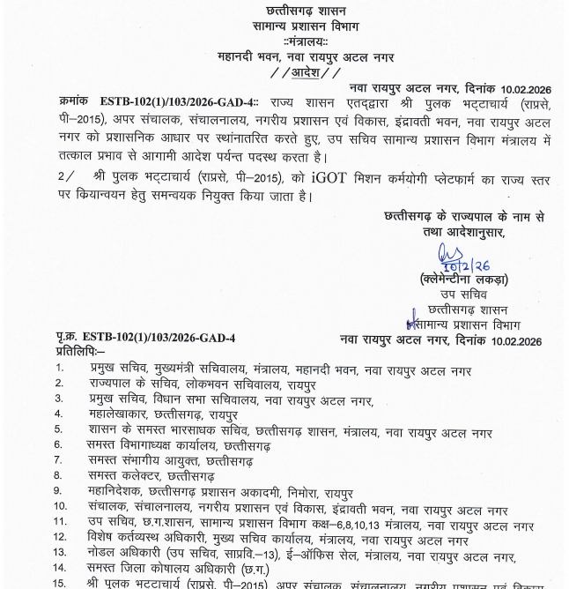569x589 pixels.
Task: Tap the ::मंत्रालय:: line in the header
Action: pyautogui.click(x=284, y=41)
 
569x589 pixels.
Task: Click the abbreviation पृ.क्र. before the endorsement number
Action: pyautogui.click(x=70, y=338)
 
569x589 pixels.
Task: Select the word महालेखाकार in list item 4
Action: pyautogui.click(x=118, y=413)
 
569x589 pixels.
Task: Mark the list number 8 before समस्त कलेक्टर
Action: pyautogui.click(x=58, y=475)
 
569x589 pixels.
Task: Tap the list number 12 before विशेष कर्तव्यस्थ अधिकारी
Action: pyautogui.click(x=61, y=540)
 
